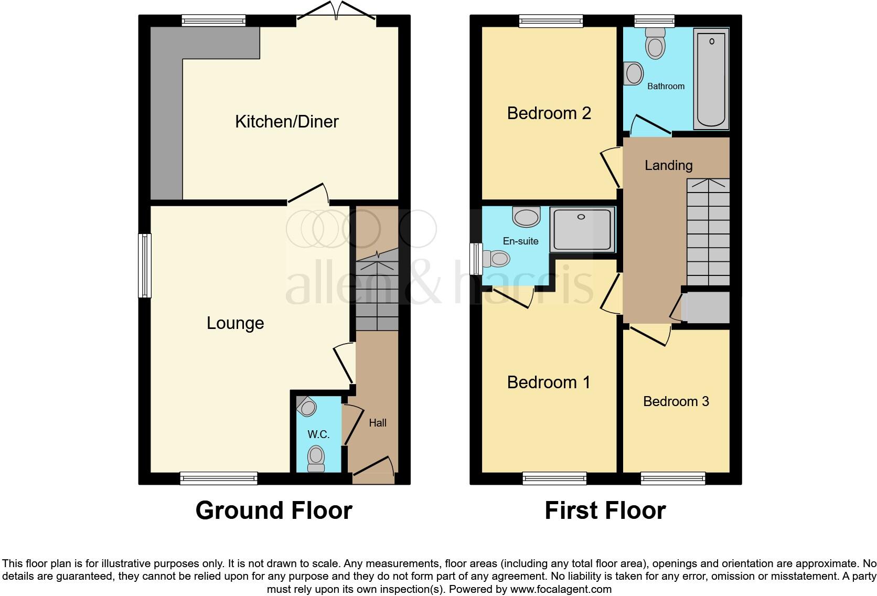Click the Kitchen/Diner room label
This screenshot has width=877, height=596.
[x=286, y=122]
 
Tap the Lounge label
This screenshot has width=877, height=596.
[x=235, y=323]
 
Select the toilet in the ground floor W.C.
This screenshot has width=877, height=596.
[x=316, y=457]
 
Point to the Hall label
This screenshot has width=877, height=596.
[x=378, y=423]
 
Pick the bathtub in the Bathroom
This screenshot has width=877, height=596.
[x=711, y=79]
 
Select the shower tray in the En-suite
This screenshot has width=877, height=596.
[x=582, y=229]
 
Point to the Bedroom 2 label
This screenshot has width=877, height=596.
[x=549, y=113]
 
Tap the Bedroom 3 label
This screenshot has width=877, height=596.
[x=676, y=401]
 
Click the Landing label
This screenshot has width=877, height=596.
[x=668, y=166]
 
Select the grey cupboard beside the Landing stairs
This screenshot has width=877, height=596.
[x=708, y=308]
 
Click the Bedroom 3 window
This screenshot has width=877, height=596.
[x=672, y=478]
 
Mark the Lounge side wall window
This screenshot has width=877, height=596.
[x=145, y=265]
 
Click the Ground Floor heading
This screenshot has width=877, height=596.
[x=273, y=510]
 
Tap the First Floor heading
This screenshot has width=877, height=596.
[x=605, y=510]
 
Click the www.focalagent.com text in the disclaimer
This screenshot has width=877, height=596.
[x=561, y=589]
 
